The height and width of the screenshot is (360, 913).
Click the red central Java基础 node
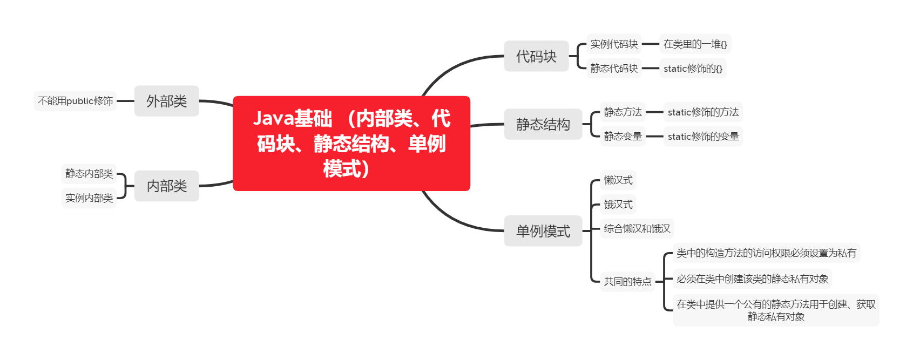(x=351, y=144)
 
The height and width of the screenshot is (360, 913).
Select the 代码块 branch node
(x=536, y=56)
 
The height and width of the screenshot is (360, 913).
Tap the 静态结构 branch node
(x=543, y=124)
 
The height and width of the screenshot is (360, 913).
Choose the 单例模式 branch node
(x=543, y=231)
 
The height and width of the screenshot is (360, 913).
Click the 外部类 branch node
(x=166, y=101)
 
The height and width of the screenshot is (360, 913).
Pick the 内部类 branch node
(x=166, y=186)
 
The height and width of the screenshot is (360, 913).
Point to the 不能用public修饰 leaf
(x=76, y=101)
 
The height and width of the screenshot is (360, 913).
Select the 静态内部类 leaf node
(x=89, y=174)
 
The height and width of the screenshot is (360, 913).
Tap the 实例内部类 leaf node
(x=89, y=198)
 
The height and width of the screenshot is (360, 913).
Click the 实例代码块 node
(x=614, y=44)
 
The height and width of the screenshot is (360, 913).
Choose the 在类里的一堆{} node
(x=695, y=44)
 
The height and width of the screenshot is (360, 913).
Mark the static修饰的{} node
(x=693, y=69)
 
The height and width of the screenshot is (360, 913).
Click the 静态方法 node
(x=623, y=112)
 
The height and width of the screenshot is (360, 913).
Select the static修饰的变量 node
(x=703, y=137)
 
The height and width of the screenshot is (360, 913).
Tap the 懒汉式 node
(x=618, y=180)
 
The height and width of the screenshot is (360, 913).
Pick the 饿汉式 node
(x=618, y=205)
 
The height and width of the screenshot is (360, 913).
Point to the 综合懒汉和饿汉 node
(x=637, y=229)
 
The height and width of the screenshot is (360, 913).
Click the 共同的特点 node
(x=627, y=282)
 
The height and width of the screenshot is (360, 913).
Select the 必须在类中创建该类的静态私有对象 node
(x=752, y=279)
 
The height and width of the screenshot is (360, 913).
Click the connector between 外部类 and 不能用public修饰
(x=125, y=101)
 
